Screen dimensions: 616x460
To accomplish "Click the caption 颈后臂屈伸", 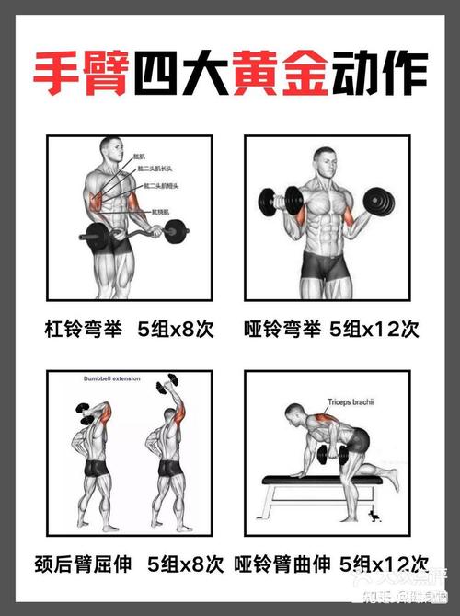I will tap(88, 564).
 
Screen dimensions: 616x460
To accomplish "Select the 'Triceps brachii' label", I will tap(351, 402).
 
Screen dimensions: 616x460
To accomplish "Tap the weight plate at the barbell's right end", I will tap(176, 230).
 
